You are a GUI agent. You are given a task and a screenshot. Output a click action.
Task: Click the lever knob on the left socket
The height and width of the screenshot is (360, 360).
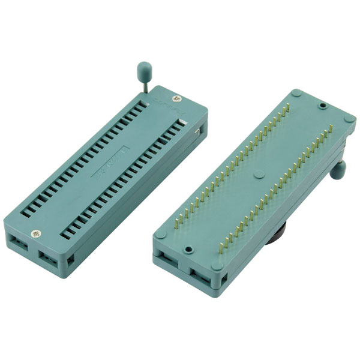[144, 66]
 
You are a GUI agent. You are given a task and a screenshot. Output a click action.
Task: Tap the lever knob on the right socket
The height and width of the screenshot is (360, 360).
[340, 172]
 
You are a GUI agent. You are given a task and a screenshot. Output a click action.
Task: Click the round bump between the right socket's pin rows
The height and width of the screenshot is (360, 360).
[259, 176]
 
